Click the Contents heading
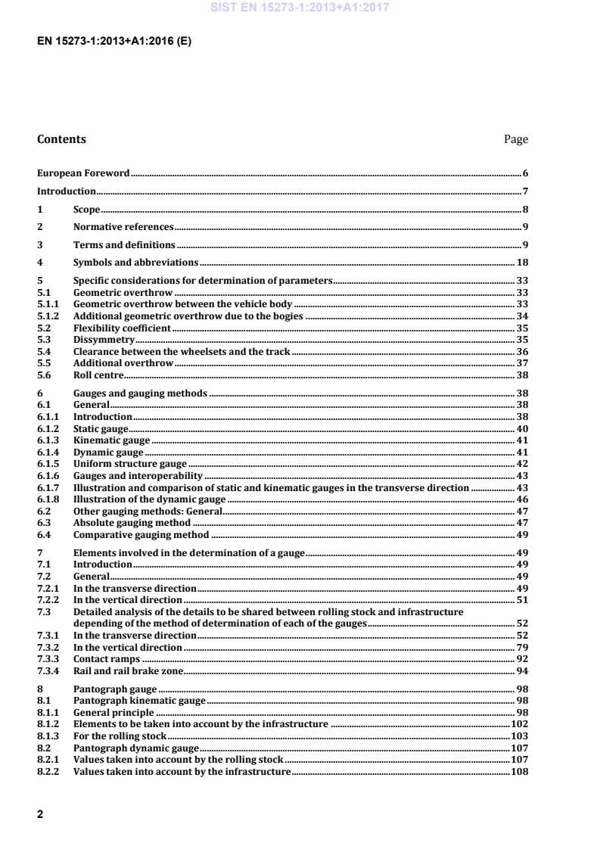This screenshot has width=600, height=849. point(61,139)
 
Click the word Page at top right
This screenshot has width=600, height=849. point(515,139)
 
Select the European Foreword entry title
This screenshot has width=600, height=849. point(83,173)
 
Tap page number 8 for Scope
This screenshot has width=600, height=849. point(524,210)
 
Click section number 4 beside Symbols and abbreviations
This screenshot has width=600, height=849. point(40,263)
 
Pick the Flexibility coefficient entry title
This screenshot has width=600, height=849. point(122,328)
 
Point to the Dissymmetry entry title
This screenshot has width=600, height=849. point(98,340)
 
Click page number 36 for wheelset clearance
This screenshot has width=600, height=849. point(521,352)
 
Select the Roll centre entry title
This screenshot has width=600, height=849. point(98,375)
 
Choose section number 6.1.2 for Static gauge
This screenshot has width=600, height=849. point(48,429)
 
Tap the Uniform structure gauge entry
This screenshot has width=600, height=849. point(129,464)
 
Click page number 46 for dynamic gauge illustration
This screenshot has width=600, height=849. point(521,500)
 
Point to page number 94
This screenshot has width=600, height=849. point(521,671)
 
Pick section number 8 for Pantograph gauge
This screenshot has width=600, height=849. point(40,689)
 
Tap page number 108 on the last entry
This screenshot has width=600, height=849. point(519,772)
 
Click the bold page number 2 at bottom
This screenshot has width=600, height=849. point(40,814)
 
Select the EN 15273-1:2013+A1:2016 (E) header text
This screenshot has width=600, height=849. point(113,42)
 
